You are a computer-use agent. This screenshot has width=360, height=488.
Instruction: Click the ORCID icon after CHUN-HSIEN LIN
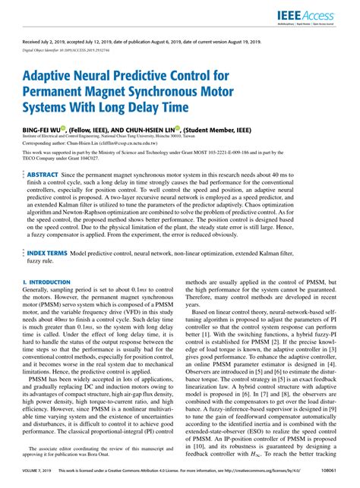[x=177, y=129]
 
